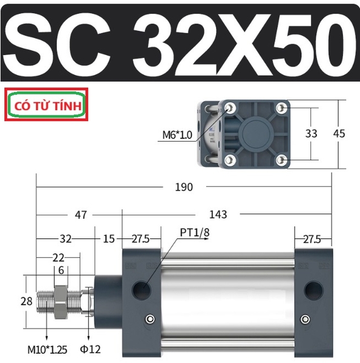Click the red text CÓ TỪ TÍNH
[48, 106]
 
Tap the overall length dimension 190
[184, 187]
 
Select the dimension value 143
[218, 215]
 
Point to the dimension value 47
[80, 215]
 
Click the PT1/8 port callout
[195, 232]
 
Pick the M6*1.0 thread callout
[177, 135]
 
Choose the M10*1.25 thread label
[47, 350]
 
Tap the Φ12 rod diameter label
[90, 349]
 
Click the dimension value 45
[339, 134]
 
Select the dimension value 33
[311, 134]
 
